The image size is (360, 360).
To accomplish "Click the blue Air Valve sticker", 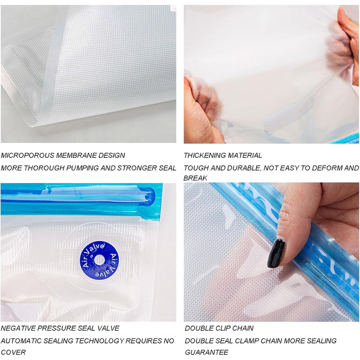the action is point(99,260).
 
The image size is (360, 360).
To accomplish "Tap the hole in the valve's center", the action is point(99,260).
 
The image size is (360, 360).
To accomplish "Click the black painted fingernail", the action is point(277,253).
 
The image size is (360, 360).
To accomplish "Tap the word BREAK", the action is point(195,178).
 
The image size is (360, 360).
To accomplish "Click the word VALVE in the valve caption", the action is point(109,328).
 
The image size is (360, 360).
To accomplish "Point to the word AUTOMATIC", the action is point(21,340).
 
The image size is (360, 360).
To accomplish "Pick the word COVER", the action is point(13,352).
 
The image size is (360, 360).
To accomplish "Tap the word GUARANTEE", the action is point(207,352).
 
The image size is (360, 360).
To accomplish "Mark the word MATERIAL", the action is point(246,155).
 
